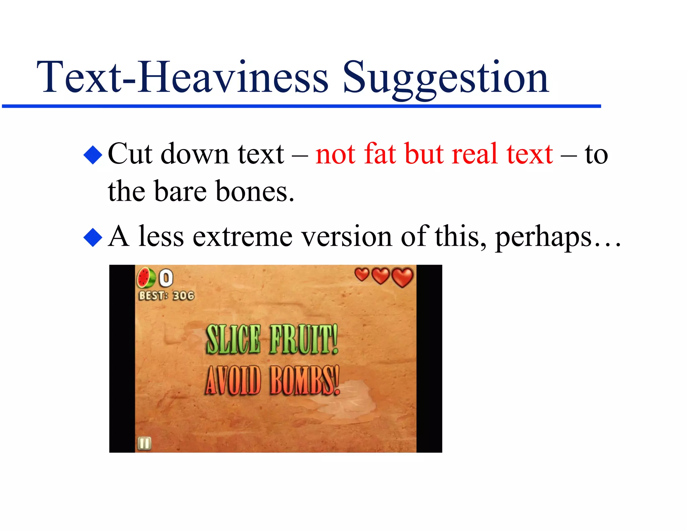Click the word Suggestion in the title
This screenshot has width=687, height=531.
click(x=445, y=78)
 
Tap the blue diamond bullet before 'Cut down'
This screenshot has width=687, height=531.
click(x=93, y=155)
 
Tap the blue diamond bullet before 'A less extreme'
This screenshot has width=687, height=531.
click(x=93, y=237)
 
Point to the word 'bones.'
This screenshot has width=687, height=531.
click(x=255, y=191)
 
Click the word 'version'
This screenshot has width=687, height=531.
click(x=347, y=237)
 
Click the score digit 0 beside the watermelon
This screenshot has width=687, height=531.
click(x=166, y=278)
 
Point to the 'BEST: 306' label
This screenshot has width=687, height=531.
click(x=166, y=295)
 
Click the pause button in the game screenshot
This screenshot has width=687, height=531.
click(x=145, y=443)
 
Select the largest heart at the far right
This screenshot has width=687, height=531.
click(x=403, y=277)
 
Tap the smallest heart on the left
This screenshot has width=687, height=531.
click(x=362, y=275)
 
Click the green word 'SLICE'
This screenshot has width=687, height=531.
click(x=233, y=340)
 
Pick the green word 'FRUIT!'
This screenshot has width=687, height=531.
click(x=304, y=340)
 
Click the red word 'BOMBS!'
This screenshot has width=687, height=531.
click(x=305, y=380)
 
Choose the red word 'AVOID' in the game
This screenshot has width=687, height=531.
click(x=233, y=380)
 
